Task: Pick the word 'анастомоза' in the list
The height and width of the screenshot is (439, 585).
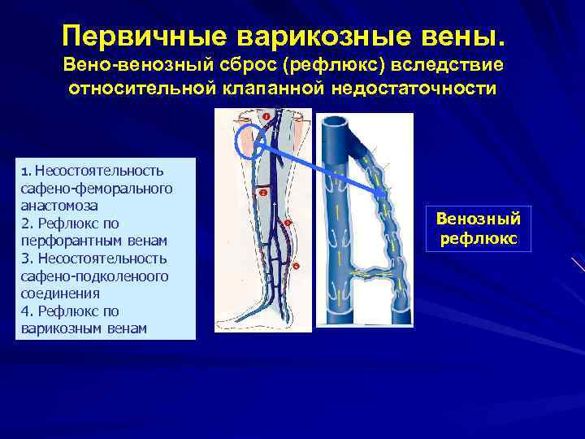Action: pyautogui.click(x=52, y=206)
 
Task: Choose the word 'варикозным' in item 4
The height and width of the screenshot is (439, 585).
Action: pyautogui.click(x=58, y=328)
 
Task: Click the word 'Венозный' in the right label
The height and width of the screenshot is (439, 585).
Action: pyautogui.click(x=479, y=219)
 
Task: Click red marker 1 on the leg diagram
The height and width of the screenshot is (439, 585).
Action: pyautogui.click(x=266, y=117)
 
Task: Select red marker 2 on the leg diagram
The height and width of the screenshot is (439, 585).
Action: pyautogui.click(x=262, y=193)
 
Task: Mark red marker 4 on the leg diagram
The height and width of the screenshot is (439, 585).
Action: pyautogui.click(x=296, y=266)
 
